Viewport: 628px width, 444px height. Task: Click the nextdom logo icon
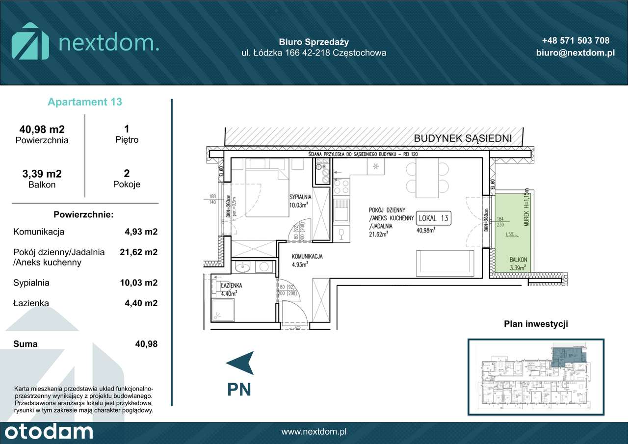(x=30, y=41)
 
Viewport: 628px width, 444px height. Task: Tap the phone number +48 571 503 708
(x=576, y=41)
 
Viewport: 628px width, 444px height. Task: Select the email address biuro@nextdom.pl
(x=576, y=53)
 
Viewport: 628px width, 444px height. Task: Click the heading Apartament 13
(x=85, y=102)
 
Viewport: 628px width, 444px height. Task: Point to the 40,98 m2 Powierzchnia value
(x=42, y=130)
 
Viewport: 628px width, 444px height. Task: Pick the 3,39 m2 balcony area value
(x=42, y=174)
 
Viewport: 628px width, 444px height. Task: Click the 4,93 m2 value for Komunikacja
(x=141, y=232)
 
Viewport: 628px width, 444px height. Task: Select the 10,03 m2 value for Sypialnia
(x=139, y=283)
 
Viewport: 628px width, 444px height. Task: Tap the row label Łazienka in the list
(x=31, y=304)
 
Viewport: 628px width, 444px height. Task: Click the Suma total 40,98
(x=146, y=344)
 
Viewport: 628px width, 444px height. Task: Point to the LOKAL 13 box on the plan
(x=432, y=218)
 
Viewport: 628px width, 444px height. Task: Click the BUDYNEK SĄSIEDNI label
(x=463, y=139)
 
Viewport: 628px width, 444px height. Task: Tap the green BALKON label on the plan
(x=518, y=260)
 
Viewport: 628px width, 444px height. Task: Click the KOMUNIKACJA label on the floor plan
(x=307, y=257)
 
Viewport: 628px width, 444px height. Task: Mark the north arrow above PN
(x=240, y=363)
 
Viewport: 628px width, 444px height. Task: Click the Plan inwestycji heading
(x=536, y=324)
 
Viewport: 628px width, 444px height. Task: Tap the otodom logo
(x=47, y=432)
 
